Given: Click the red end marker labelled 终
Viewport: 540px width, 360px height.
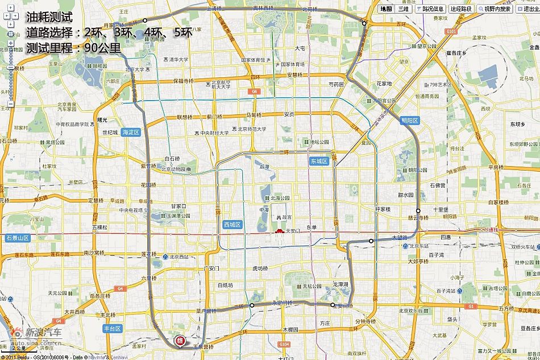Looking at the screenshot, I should (181, 341).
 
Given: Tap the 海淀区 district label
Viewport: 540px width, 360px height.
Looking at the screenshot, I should (130, 132).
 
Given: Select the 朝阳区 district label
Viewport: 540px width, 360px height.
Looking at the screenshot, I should (409, 121).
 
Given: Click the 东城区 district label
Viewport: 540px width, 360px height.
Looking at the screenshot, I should (319, 162).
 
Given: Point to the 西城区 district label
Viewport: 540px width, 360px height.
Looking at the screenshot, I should (232, 225).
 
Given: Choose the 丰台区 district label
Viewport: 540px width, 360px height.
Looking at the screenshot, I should (113, 329).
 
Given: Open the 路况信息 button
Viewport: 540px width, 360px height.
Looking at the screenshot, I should (430, 9).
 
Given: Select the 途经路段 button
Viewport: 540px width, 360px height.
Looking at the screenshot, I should (462, 9).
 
